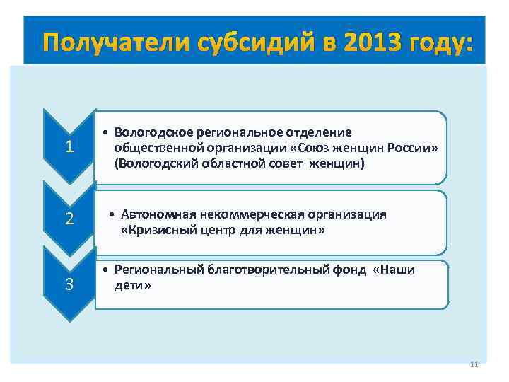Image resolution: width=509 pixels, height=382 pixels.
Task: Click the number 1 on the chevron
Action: coord(69,148)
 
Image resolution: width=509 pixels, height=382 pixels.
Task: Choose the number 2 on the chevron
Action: coord(69,219)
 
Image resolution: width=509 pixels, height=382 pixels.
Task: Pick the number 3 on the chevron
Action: coord(69,284)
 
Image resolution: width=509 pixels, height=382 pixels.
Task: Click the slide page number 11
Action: coord(474,364)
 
